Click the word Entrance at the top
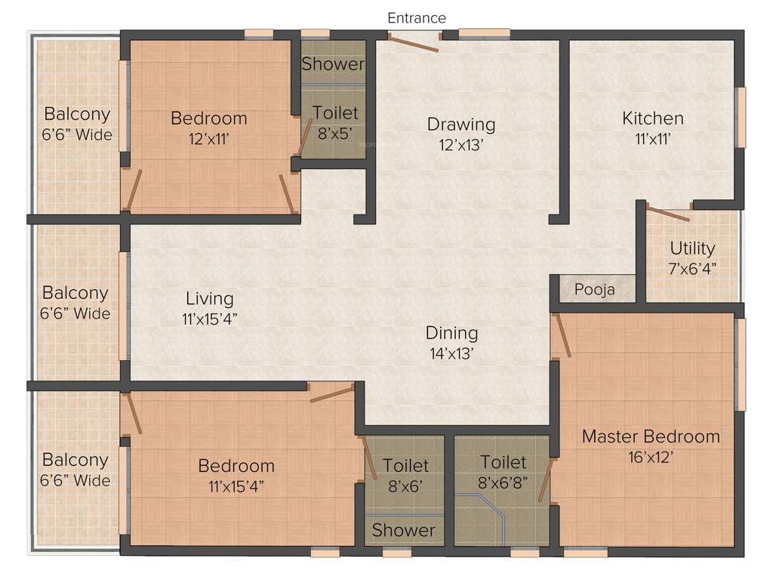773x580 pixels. point(417,17)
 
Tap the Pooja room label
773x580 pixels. point(595,289)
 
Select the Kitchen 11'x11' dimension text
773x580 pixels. point(653,139)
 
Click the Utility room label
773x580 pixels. point(692,248)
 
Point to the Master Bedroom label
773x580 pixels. point(651,437)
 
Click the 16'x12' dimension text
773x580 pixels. point(650,457)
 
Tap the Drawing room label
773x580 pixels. point(461,124)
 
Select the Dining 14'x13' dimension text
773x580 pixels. point(451,353)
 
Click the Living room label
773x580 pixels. point(209,299)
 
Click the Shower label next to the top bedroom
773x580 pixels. point(333,64)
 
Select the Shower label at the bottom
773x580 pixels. point(403,530)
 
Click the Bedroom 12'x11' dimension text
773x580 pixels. point(209,139)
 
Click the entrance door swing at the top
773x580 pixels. point(412,42)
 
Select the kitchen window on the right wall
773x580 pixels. point(741,117)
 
